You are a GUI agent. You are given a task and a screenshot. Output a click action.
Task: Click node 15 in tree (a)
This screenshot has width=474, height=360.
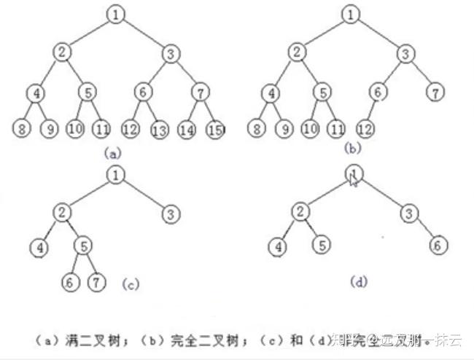214,130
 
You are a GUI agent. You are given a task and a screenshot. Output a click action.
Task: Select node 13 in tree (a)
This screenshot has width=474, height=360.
160,130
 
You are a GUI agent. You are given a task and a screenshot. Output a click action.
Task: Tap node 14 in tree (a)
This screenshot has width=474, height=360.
187,130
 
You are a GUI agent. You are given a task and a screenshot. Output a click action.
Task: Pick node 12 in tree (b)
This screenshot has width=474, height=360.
367,129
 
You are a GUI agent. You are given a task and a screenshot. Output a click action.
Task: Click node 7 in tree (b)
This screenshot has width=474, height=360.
436,93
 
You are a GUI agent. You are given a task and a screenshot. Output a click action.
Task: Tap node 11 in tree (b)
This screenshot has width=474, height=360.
335,129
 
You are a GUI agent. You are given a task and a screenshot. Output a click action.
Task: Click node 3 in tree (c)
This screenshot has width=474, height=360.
170,214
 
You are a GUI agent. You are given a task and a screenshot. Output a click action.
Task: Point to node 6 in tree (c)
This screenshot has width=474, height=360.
70,281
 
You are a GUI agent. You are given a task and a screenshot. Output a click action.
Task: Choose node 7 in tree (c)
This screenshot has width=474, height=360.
96,281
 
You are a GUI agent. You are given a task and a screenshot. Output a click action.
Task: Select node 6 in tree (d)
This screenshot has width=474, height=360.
436,246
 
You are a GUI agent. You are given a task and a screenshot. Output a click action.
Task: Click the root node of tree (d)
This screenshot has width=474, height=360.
353,173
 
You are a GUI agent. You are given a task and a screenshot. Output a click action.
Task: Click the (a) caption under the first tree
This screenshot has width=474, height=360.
112,154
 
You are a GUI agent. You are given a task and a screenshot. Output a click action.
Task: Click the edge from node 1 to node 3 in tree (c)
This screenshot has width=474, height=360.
143,195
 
